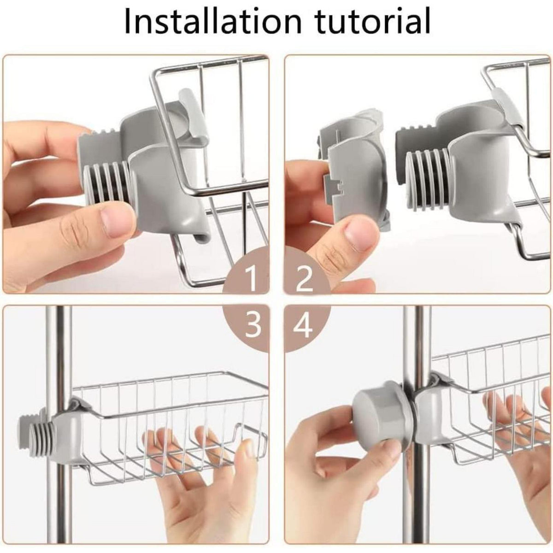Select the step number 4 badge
pos(305,327)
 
